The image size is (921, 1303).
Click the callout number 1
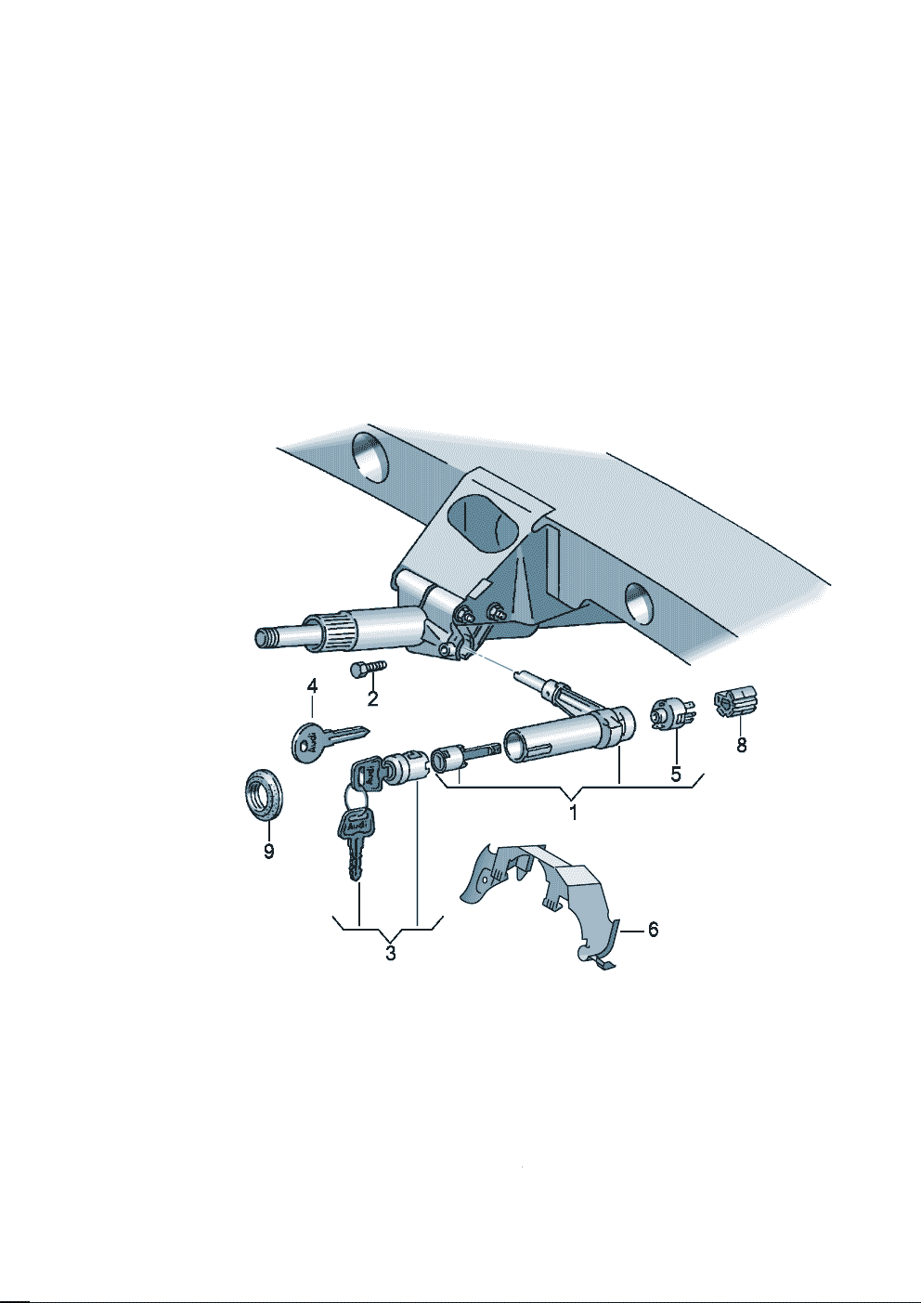click(x=573, y=813)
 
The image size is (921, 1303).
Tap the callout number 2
click(x=372, y=698)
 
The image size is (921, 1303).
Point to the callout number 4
click(x=312, y=686)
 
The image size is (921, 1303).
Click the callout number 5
click(x=676, y=775)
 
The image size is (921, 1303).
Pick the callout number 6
click(x=653, y=930)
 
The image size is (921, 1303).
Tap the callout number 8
click(x=741, y=745)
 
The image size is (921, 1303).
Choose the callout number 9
click(x=268, y=852)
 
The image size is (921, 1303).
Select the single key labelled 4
click(x=327, y=740)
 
